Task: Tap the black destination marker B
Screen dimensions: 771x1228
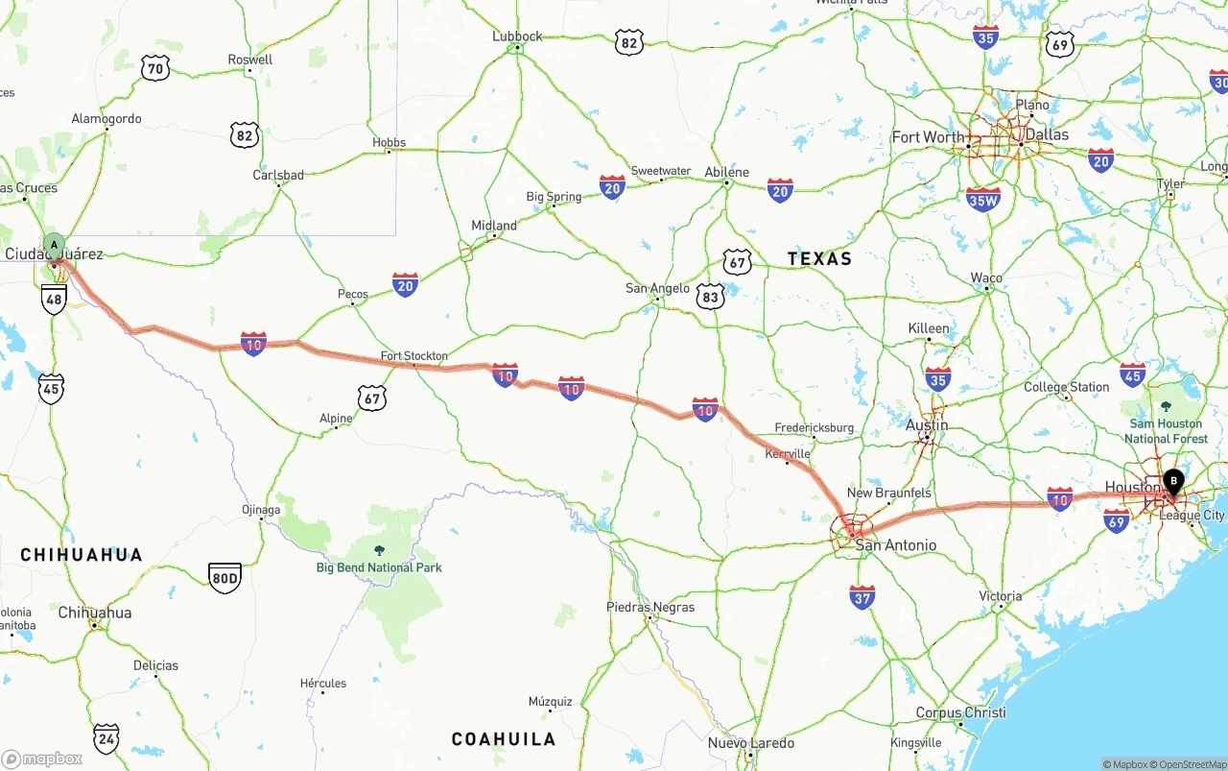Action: click(x=1172, y=480)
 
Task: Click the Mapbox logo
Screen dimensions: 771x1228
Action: click(x=42, y=759)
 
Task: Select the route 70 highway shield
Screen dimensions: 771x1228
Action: click(x=154, y=67)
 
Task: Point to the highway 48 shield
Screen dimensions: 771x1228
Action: click(x=54, y=300)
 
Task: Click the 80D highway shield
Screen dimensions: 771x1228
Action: click(x=224, y=578)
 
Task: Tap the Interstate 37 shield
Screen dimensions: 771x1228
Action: click(x=862, y=597)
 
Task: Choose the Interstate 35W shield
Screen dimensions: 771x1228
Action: click(x=983, y=199)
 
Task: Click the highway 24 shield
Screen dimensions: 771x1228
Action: click(x=106, y=737)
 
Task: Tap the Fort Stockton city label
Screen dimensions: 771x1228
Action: click(x=414, y=356)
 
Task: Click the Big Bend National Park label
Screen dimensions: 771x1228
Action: click(x=379, y=567)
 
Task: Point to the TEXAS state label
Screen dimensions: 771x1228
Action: click(x=819, y=258)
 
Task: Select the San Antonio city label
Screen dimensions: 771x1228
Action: click(x=896, y=545)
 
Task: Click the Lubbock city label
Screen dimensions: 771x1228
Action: click(x=517, y=36)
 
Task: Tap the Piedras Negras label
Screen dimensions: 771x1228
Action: click(x=650, y=607)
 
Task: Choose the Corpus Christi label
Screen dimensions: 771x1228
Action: click(x=960, y=712)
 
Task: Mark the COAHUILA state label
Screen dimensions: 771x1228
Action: click(x=504, y=738)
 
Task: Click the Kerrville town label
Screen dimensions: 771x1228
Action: click(x=788, y=453)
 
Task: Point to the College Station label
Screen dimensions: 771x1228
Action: click(x=1066, y=387)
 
